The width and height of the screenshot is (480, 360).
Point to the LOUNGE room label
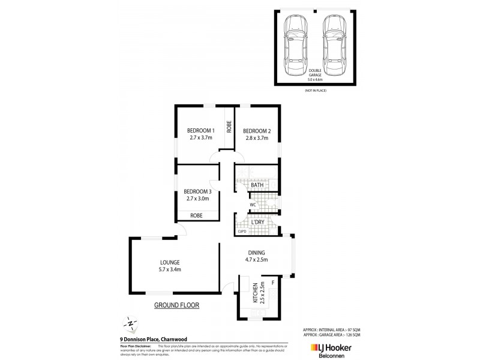(x=170, y=262)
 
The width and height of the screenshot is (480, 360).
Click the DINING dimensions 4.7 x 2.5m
(x=256, y=260)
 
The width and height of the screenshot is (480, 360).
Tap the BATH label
(x=257, y=185)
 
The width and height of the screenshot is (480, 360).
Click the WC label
(x=253, y=205)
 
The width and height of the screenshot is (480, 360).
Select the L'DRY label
(x=257, y=222)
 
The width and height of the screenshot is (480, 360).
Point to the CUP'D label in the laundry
(x=242, y=232)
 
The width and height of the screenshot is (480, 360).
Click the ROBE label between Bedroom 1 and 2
(x=229, y=127)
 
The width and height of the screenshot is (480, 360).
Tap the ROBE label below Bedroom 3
(x=196, y=215)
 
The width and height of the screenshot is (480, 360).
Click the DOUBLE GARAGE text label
(x=314, y=73)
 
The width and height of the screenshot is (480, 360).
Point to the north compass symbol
(x=130, y=323)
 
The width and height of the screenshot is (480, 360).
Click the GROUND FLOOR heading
(x=176, y=305)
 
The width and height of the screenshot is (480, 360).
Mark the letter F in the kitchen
(x=273, y=282)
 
